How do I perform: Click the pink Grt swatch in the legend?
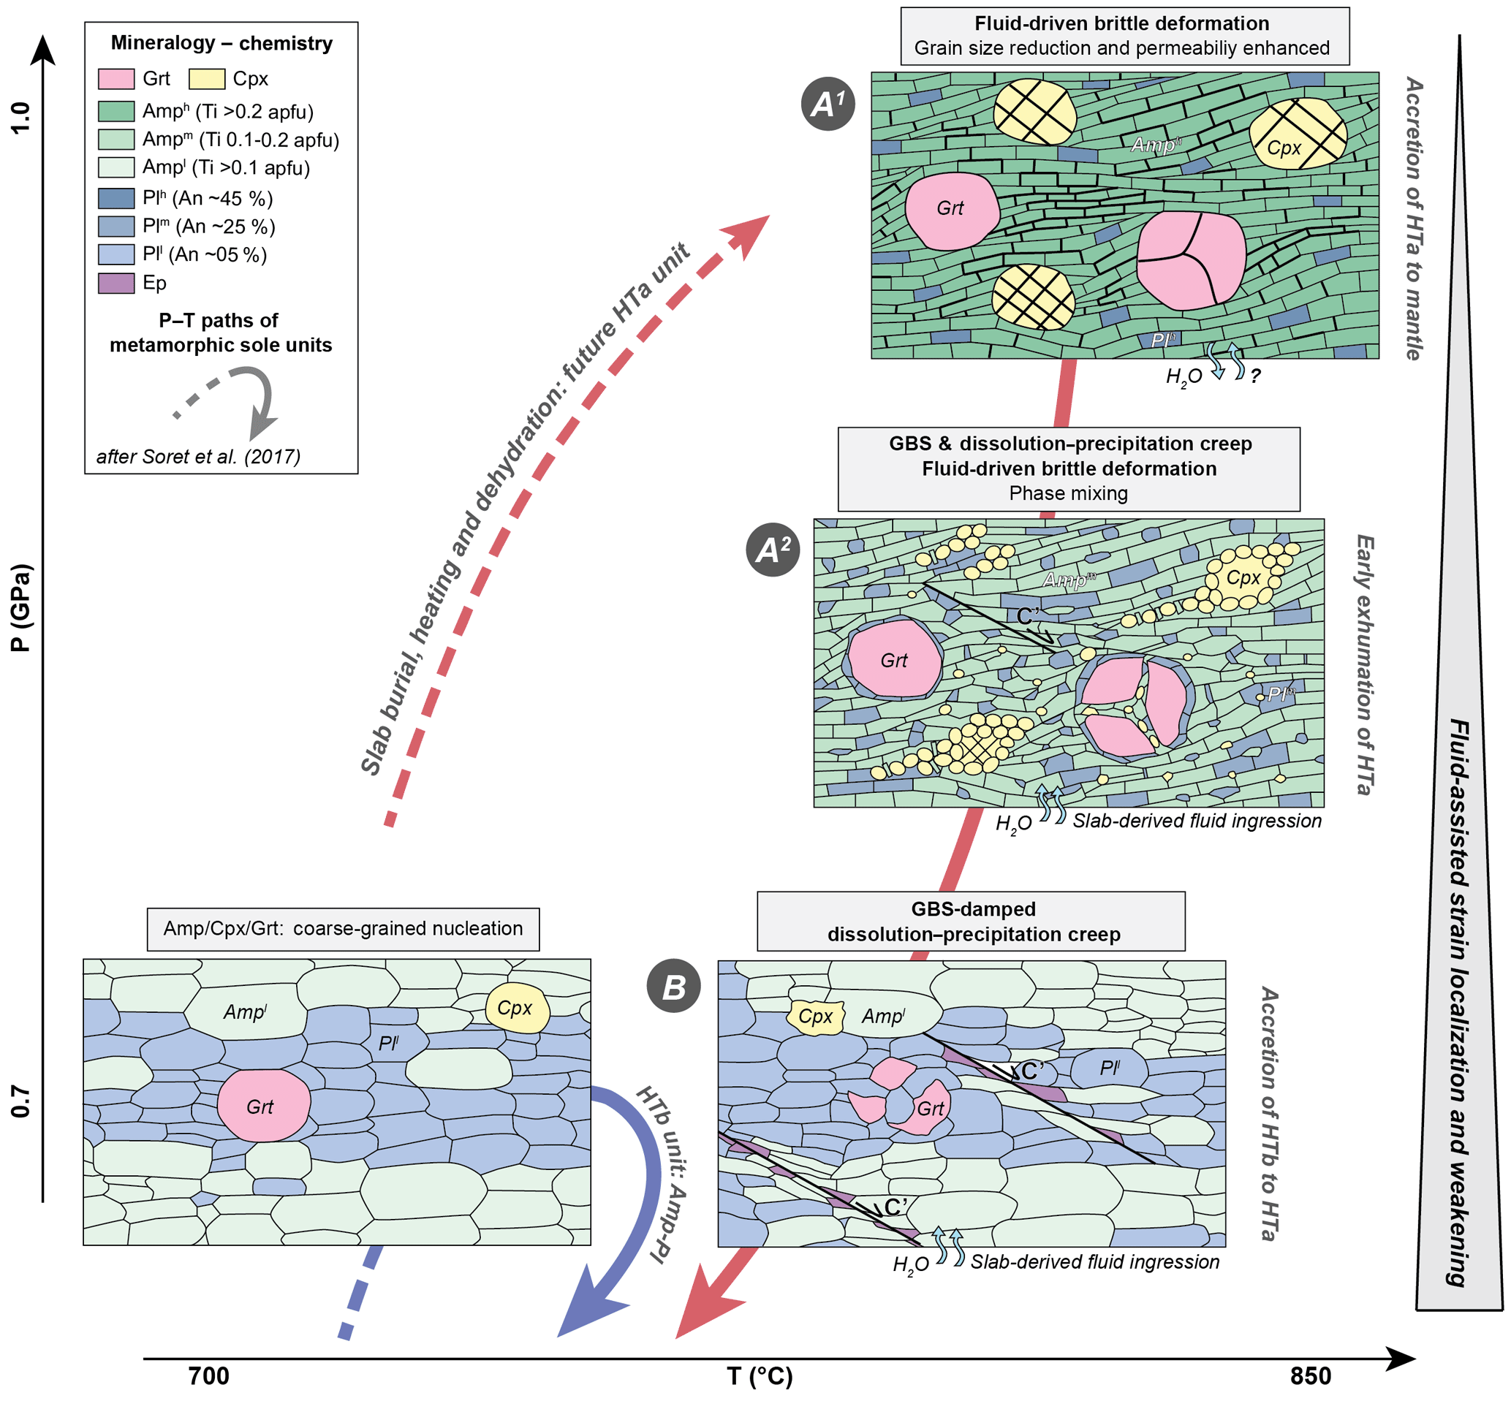pyautogui.click(x=116, y=79)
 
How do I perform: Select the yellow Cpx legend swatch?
pyautogui.click(x=206, y=79)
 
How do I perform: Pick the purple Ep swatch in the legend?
pyautogui.click(x=116, y=283)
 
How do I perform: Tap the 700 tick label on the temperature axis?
pyautogui.click(x=208, y=1375)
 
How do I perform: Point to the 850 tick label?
pyautogui.click(x=1310, y=1375)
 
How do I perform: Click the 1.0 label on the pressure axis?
pyautogui.click(x=20, y=118)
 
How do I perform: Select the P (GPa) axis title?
pyautogui.click(x=20, y=607)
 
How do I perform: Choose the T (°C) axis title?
pyautogui.click(x=760, y=1375)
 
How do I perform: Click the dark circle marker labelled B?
pyautogui.click(x=673, y=987)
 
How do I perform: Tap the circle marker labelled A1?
pyautogui.click(x=828, y=103)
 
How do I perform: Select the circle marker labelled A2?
pyautogui.click(x=773, y=549)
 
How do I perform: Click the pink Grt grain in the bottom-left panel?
pyautogui.click(x=263, y=1105)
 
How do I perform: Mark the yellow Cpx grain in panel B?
pyautogui.click(x=816, y=1016)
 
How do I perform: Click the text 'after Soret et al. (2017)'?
pyautogui.click(x=199, y=456)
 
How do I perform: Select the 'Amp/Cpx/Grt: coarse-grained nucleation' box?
pyautogui.click(x=343, y=929)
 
